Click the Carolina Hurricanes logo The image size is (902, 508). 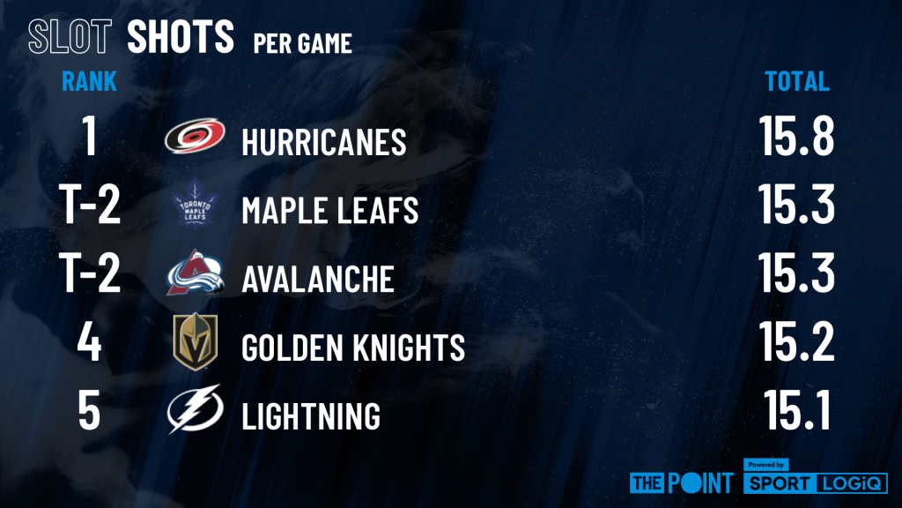[195, 136]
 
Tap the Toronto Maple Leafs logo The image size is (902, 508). [195, 204]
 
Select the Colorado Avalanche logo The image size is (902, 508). [195, 273]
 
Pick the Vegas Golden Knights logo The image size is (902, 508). [196, 341]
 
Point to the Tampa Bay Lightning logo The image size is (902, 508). [195, 409]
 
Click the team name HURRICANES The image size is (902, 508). [324, 142]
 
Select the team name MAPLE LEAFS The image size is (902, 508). [329, 210]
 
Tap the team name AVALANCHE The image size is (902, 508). [318, 279]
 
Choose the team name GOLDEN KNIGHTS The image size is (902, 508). [353, 347]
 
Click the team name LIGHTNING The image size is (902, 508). [311, 416]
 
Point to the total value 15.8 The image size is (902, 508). [796, 136]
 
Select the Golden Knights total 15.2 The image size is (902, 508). [796, 341]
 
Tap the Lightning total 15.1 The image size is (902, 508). [797, 409]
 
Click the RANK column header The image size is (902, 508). [89, 81]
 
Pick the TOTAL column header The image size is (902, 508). [796, 81]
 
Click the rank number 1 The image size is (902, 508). [89, 136]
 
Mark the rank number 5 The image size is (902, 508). [89, 410]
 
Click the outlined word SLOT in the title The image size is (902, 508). [70, 36]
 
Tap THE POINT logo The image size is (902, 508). [682, 482]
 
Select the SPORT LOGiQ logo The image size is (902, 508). [816, 477]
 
